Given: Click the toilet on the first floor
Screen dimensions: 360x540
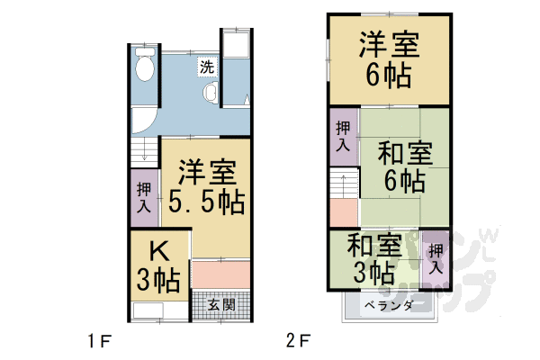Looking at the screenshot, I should tap(144, 63).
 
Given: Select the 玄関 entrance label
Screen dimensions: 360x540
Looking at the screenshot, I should tap(221, 305).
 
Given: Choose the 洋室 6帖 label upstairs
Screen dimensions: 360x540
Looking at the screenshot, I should tap(388, 58).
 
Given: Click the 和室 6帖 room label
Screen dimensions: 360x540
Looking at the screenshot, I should tap(402, 165).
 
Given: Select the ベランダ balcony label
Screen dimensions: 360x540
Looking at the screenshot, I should tap(389, 306).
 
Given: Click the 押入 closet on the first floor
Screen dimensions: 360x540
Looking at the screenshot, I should tap(144, 197).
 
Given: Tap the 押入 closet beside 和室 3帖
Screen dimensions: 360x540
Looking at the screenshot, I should tap(436, 255).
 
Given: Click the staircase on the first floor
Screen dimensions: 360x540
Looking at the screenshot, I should tap(143, 153).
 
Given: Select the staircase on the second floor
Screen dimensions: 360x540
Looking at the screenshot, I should tap(342, 184).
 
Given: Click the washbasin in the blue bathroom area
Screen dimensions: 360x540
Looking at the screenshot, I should tap(211, 93).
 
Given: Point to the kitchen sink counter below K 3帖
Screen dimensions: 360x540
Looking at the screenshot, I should tap(158, 311).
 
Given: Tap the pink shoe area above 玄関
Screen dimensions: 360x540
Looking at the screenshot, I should tap(220, 274).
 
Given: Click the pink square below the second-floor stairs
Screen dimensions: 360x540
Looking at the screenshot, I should tap(342, 213).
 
